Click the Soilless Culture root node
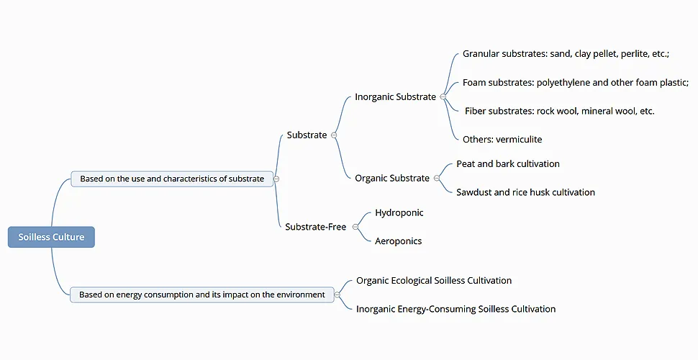tap(51, 237)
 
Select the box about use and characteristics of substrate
tap(172, 179)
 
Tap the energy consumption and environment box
tap(201, 294)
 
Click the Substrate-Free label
tap(315, 227)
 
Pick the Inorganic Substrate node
tap(395, 96)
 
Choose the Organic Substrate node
tap(391, 178)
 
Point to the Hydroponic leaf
tap(399, 212)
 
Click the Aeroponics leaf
tap(398, 241)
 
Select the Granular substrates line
tap(566, 54)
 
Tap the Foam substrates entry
tap(575, 82)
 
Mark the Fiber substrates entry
tap(559, 111)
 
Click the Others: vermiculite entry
tap(502, 139)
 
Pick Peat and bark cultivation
tap(507, 163)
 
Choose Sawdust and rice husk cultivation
tap(525, 192)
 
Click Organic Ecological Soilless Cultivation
tap(434, 280)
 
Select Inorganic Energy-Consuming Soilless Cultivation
tap(455, 309)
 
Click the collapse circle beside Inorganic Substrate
tap(443, 96)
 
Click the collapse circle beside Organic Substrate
tap(436, 178)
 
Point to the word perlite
tap(635, 54)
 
